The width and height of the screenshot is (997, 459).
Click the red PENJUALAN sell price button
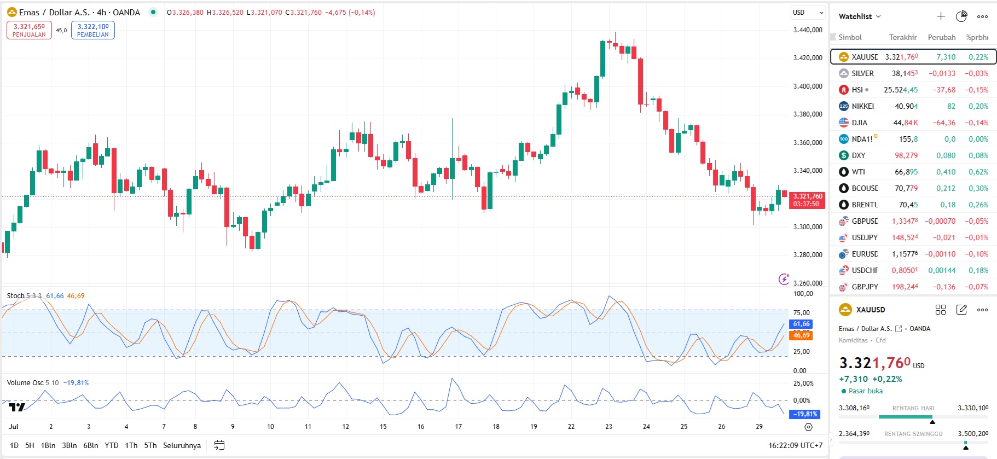29,30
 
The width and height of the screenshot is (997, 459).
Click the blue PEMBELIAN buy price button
92,30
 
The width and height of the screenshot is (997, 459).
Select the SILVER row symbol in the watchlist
862,73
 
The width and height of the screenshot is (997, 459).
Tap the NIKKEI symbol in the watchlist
862,106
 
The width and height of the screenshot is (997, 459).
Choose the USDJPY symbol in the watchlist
864,237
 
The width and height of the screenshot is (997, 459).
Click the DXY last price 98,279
906,155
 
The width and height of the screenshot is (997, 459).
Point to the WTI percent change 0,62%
978,172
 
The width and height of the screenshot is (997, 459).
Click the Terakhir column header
902,37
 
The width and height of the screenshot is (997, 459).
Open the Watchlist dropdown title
859,16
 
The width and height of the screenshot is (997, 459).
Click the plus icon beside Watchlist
941,16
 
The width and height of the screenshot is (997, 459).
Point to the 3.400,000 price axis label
808,86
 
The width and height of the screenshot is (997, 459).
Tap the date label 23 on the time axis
608,427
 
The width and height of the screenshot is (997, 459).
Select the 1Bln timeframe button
48,445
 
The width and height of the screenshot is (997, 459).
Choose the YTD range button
111,445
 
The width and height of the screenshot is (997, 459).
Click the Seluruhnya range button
182,445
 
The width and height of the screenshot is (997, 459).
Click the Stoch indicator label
15,296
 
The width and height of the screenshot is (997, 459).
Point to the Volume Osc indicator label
25,383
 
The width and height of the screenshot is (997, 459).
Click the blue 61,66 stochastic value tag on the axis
801,324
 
